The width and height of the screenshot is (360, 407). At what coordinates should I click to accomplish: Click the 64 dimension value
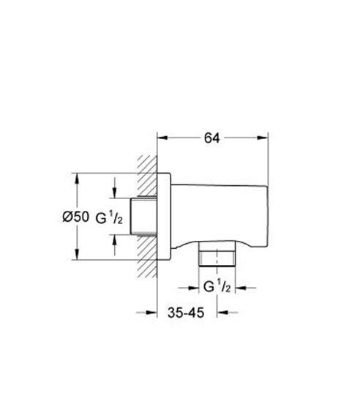[x=211, y=138]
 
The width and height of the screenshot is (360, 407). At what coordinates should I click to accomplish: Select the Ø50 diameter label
[x=75, y=217]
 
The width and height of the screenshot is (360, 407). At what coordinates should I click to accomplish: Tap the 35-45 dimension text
[x=186, y=313]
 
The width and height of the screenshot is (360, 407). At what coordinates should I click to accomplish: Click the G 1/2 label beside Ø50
[x=109, y=217]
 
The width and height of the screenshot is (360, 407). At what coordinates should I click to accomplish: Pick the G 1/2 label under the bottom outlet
[x=217, y=286]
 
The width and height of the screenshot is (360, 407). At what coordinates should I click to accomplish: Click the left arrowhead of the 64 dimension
[x=162, y=138]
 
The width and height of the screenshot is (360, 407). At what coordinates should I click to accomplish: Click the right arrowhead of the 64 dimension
[x=263, y=138]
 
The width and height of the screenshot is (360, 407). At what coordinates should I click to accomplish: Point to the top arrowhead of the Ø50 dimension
[x=77, y=178]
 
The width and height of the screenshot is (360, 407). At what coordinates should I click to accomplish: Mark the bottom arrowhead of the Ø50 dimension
[x=77, y=254]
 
